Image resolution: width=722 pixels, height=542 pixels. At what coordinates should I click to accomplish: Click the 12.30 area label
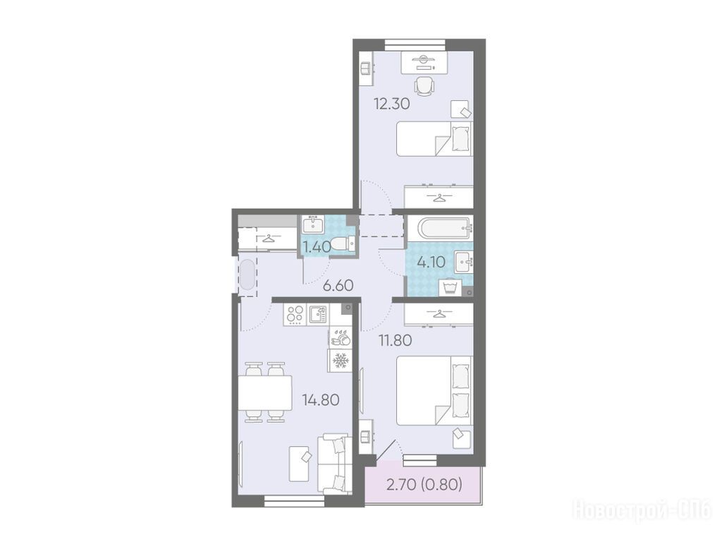tap(391, 104)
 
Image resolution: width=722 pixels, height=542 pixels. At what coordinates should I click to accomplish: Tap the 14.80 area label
tap(321, 399)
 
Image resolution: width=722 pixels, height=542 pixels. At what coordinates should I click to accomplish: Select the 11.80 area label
tap(395, 341)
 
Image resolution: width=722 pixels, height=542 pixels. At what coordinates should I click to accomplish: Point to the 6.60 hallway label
tap(338, 286)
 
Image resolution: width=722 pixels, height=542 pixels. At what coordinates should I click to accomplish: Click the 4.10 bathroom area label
tap(431, 263)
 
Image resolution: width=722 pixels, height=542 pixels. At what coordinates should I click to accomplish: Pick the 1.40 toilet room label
tap(317, 247)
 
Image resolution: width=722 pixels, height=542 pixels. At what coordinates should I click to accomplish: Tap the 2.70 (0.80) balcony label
tap(424, 484)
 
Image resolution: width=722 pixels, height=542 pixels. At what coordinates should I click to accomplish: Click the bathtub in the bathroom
tap(440, 227)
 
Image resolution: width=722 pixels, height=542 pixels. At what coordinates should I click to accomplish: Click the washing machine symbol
tap(451, 288)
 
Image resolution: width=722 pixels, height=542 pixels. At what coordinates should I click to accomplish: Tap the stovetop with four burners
tap(295, 315)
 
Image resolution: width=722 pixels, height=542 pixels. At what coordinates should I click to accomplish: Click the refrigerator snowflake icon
tap(341, 361)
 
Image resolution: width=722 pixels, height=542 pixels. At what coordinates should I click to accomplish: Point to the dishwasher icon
tap(341, 339)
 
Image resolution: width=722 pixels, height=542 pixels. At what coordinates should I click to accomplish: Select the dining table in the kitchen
tap(265, 392)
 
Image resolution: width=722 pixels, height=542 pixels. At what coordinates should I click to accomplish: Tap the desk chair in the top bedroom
tap(424, 85)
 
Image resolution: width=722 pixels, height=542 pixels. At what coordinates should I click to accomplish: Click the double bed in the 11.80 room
tap(434, 390)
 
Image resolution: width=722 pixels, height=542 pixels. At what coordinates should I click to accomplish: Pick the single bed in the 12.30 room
tap(434, 139)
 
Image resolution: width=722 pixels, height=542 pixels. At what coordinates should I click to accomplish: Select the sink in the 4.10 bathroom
tap(464, 263)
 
